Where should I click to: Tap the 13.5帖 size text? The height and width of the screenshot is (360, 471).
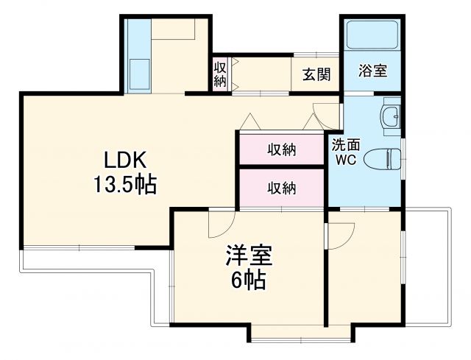(124, 184)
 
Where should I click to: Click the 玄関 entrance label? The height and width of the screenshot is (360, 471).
(316, 74)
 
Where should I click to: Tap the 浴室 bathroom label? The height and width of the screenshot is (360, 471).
(372, 71)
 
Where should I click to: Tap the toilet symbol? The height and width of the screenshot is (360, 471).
(386, 157)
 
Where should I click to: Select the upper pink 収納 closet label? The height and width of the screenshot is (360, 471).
(281, 150)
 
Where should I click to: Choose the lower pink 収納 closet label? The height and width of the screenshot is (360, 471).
(281, 188)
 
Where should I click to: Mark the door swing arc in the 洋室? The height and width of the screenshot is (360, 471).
(222, 225)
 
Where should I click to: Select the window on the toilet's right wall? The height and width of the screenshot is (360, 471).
(403, 157)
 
